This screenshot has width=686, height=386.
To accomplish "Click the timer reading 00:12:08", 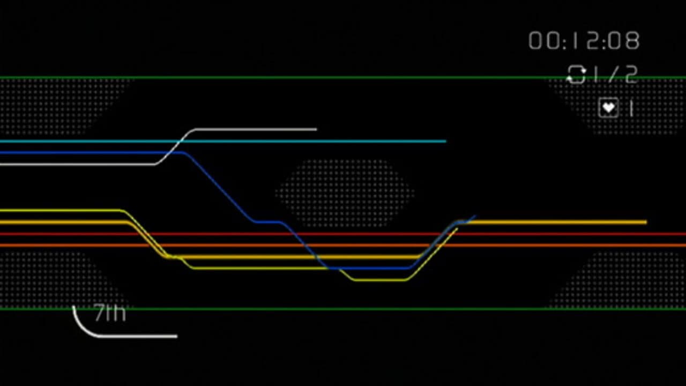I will click(584, 41).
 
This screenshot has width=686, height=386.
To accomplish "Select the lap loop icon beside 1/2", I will click(576, 75).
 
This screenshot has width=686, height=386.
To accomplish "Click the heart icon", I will click(608, 108).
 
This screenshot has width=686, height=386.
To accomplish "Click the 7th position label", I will click(109, 313).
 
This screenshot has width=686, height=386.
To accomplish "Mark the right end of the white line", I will click(316, 129).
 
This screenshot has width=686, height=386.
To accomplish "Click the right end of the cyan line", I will click(445, 142).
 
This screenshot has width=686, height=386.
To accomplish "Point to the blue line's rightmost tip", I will click(474, 217).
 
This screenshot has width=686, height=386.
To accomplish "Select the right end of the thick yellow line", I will click(645, 222).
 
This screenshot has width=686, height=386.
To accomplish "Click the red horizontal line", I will click(536, 234).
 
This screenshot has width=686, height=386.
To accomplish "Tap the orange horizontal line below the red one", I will click(536, 246).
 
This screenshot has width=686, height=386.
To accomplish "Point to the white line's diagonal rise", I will click(174, 146).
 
